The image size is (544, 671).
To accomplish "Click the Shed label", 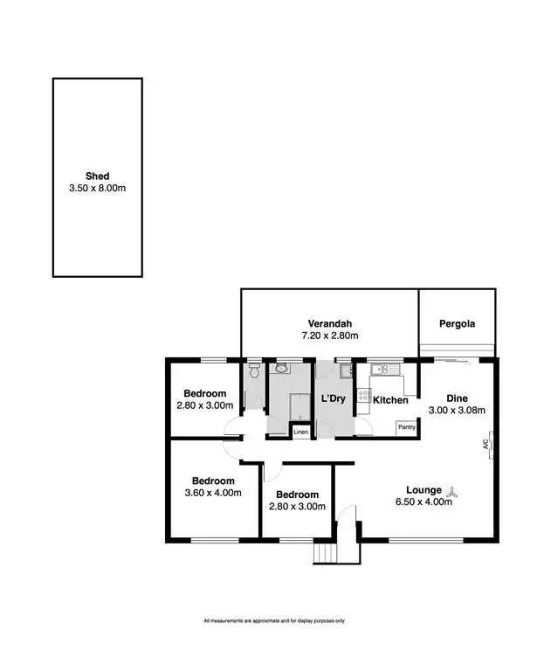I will click(x=98, y=176).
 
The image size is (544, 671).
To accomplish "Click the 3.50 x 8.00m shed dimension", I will click(x=98, y=188).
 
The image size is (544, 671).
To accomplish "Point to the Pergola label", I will click(x=458, y=323).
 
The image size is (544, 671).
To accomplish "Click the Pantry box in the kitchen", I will click(x=406, y=427).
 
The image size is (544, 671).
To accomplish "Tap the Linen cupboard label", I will click(x=300, y=432).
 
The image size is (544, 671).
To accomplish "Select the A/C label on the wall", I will click(x=486, y=443).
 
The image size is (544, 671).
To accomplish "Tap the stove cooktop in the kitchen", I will click(x=363, y=399).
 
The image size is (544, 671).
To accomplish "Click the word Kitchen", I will click(x=390, y=400).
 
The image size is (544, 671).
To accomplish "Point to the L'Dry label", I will click(x=334, y=399).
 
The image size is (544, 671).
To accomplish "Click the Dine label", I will click(x=457, y=398).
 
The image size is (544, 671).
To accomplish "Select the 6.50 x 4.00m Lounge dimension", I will click(x=425, y=502).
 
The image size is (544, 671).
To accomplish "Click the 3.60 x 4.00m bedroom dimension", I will click(x=213, y=494).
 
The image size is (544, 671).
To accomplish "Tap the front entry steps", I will click(x=325, y=553).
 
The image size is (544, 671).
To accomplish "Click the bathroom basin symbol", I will click(x=281, y=370).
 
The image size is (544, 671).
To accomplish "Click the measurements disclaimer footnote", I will click(x=274, y=621).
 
